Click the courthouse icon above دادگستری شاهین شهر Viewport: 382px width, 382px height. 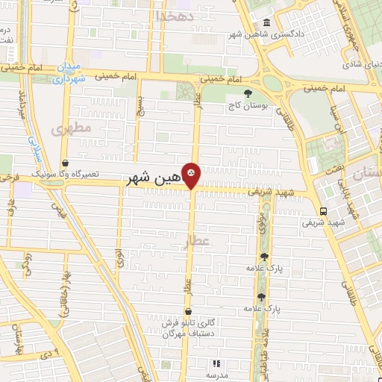click(267, 22)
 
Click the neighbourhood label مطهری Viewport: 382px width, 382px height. click(71, 128)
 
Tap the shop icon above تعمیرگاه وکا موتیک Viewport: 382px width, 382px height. click(65, 163)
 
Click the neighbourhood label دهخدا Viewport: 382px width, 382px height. click(175, 16)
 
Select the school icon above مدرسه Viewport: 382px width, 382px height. click(216, 363)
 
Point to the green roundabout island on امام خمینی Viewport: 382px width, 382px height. click(272, 83)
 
